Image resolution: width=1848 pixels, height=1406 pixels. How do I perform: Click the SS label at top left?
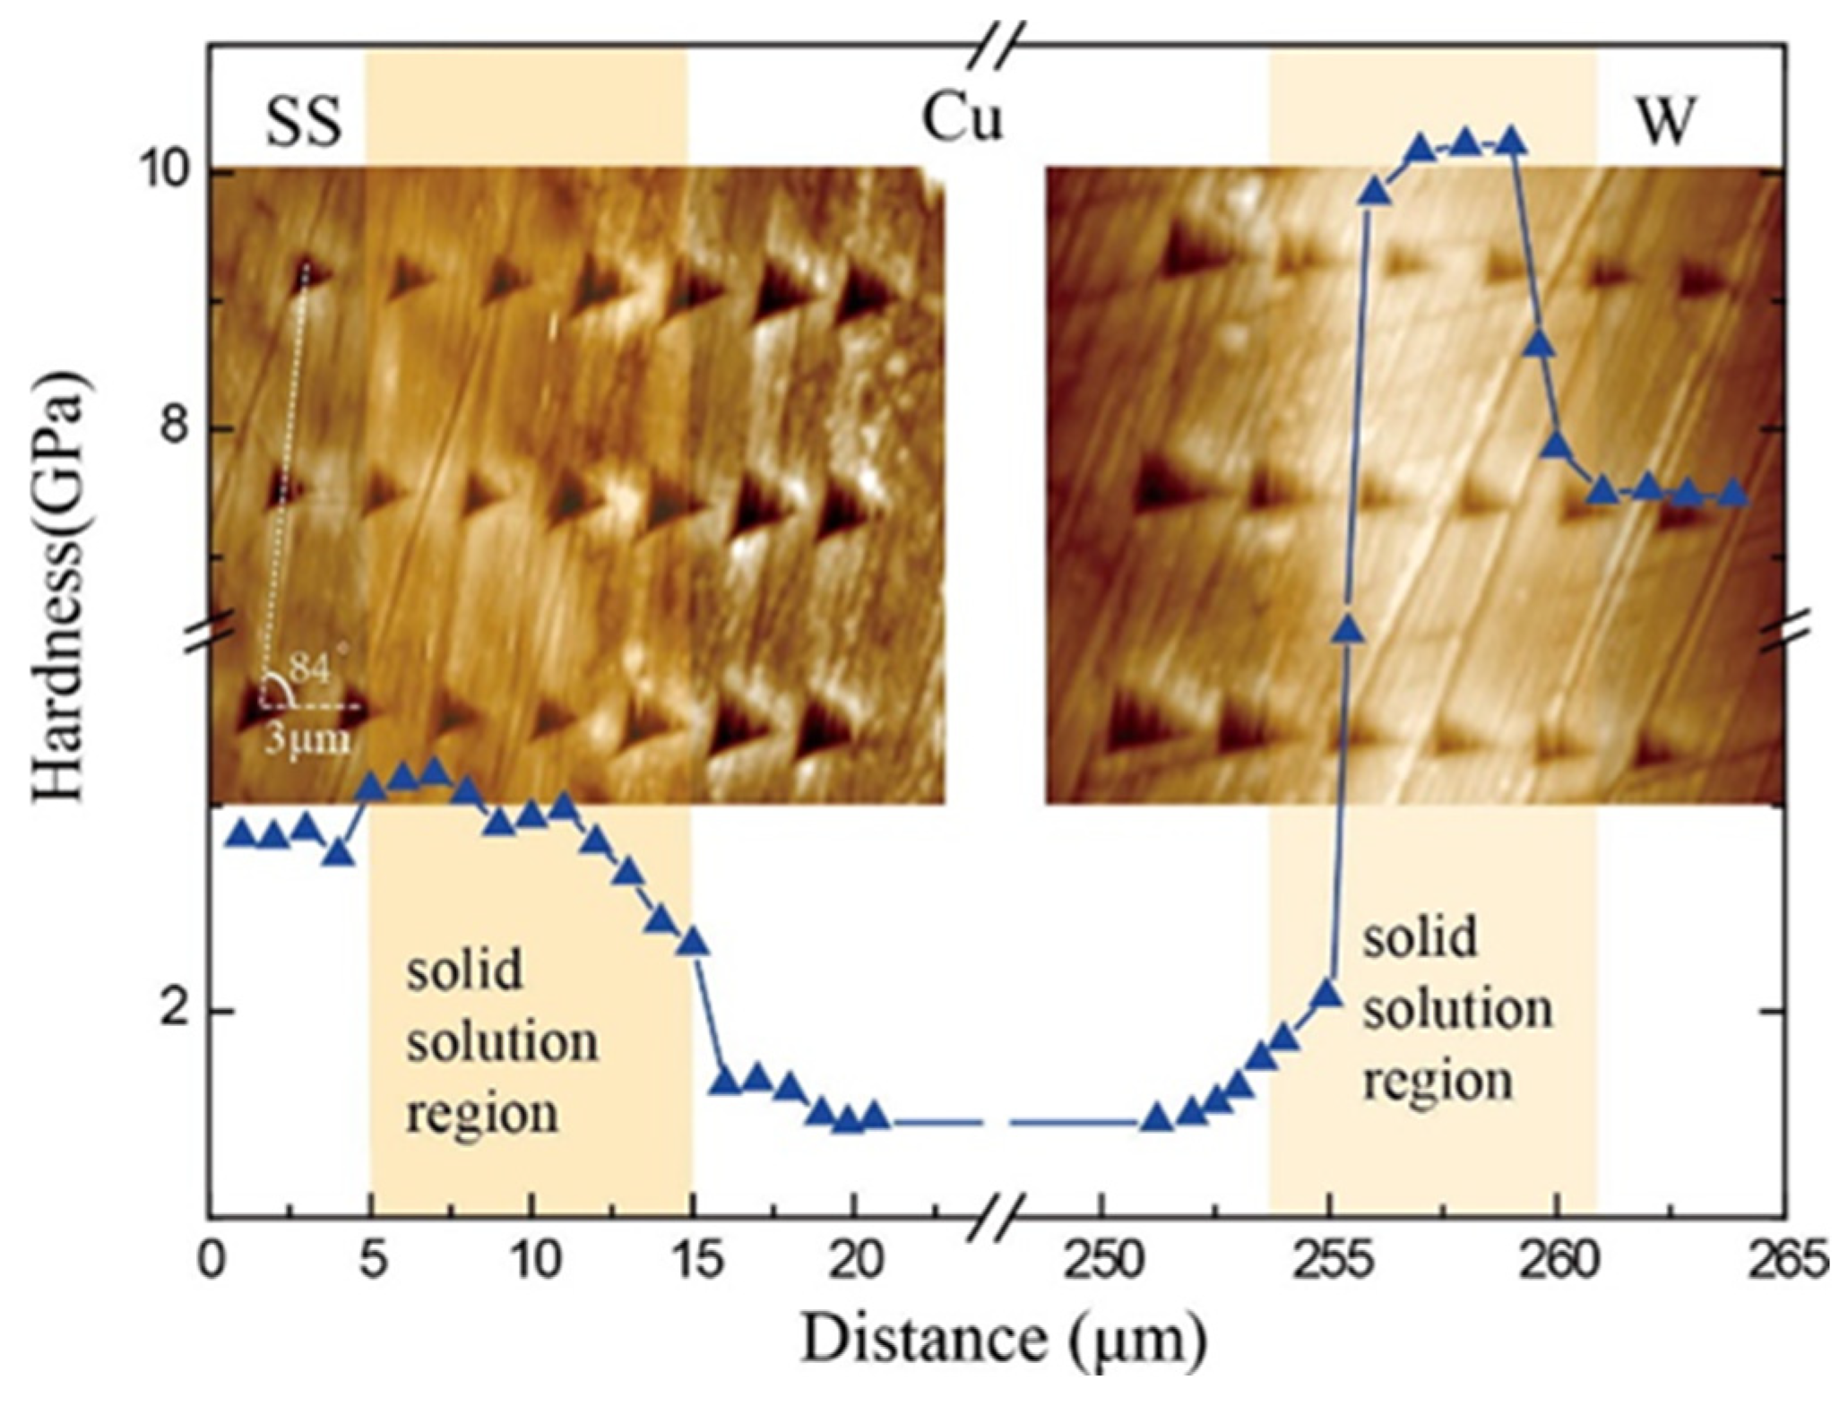tap(304, 122)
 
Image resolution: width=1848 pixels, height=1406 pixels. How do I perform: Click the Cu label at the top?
tap(962, 119)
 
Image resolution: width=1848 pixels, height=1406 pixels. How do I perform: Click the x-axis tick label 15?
tap(695, 1264)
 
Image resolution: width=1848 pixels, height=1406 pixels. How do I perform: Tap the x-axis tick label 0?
tap(212, 1264)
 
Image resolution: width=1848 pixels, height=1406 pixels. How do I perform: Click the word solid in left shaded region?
tap(463, 970)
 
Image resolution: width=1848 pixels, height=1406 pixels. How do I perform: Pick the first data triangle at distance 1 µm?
tap(240, 833)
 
